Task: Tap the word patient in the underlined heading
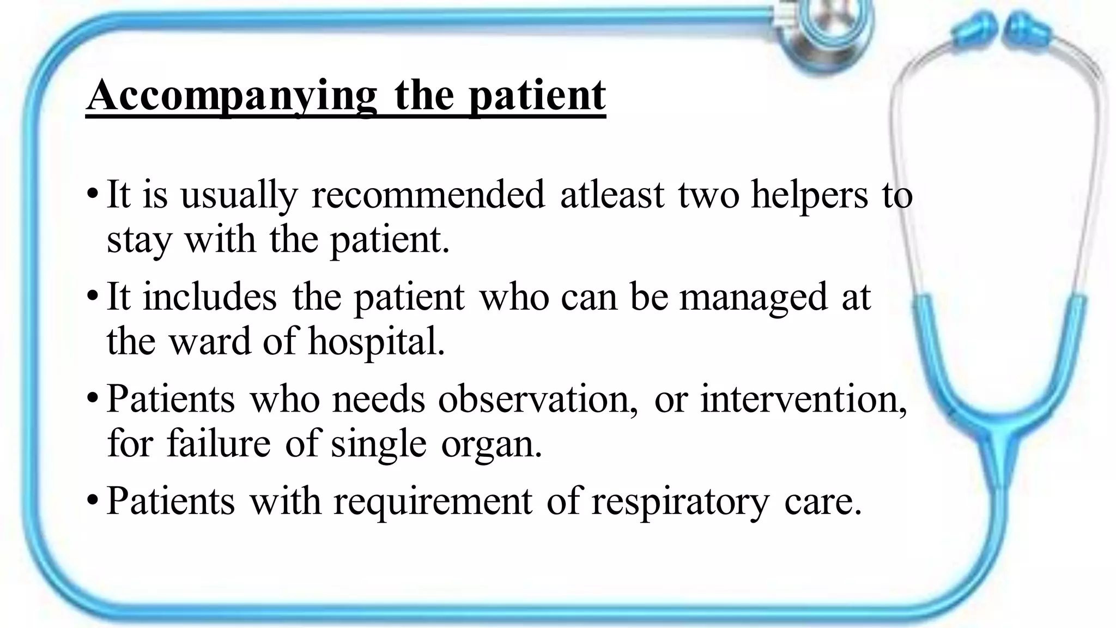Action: [537, 95]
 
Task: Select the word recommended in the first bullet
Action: [428, 195]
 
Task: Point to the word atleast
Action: [612, 195]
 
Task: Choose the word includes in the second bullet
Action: [210, 297]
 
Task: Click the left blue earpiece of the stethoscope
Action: [971, 34]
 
